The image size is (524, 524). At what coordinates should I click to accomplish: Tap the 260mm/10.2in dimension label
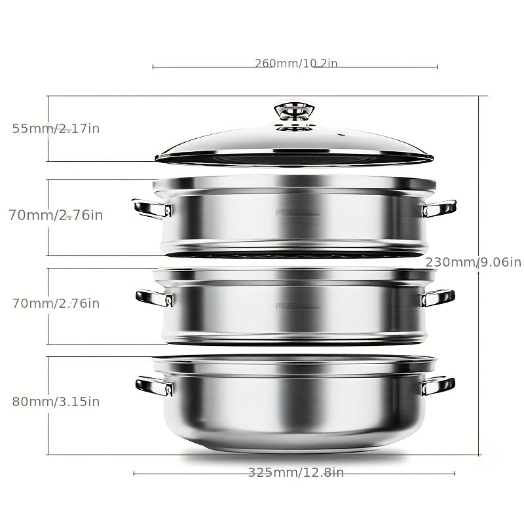click(295, 64)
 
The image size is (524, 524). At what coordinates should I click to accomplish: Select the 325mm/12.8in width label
click(295, 473)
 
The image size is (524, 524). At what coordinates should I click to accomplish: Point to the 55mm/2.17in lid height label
click(56, 128)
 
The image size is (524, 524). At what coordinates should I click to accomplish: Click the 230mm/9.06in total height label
click(473, 262)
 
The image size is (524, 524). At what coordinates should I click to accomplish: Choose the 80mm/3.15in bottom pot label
click(56, 402)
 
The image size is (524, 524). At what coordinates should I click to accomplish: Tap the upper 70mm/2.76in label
click(56, 215)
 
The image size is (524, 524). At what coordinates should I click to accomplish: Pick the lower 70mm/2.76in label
click(56, 303)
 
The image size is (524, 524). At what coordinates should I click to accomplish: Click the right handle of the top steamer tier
click(440, 209)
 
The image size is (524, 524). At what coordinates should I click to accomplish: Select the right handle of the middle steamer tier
click(438, 298)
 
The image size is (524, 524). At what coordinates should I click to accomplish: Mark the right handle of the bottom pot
click(438, 386)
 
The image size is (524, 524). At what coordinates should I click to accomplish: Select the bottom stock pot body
click(295, 406)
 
